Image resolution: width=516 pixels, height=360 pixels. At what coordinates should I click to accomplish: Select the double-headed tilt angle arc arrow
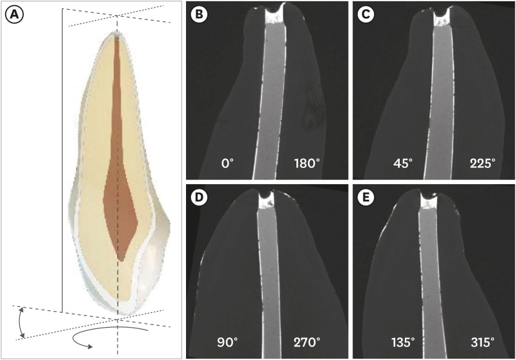pyautogui.click(x=21, y=323)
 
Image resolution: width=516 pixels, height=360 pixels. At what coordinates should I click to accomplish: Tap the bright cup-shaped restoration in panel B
pyautogui.click(x=276, y=16)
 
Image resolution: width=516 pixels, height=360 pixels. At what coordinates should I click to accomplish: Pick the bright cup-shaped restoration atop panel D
pyautogui.click(x=266, y=201)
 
